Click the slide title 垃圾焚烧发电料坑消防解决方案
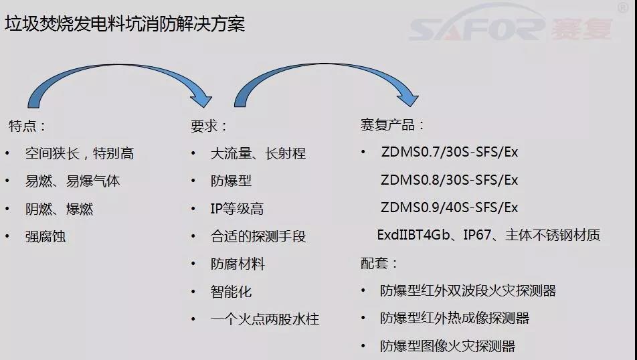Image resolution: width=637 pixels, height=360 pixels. click(124, 24)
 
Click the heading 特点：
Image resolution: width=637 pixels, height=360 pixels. click(27, 126)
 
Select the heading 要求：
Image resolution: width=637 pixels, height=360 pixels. click(209, 126)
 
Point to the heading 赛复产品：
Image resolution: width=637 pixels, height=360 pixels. click(392, 124)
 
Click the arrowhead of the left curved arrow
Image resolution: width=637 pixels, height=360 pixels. click(201, 99)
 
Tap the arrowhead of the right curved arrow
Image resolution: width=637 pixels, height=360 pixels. click(408, 98)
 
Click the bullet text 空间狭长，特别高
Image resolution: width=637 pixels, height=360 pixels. click(80, 154)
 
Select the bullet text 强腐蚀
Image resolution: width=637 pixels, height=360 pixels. click(45, 236)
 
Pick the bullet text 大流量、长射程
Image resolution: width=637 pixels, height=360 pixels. click(258, 154)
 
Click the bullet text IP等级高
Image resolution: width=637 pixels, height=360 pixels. click(238, 209)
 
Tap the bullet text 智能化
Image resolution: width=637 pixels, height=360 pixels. click(231, 292)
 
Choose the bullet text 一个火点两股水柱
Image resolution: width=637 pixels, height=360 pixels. click(265, 319)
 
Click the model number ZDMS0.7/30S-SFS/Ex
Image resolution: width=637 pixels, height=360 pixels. click(450, 152)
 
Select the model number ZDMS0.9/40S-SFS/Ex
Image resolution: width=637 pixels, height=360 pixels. click(450, 207)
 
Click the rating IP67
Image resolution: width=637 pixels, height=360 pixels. click(477, 235)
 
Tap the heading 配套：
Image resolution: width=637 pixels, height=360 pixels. click(379, 263)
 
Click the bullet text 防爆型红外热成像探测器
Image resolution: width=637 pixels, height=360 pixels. click(454, 318)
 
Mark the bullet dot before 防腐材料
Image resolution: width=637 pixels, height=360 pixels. click(193, 264)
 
